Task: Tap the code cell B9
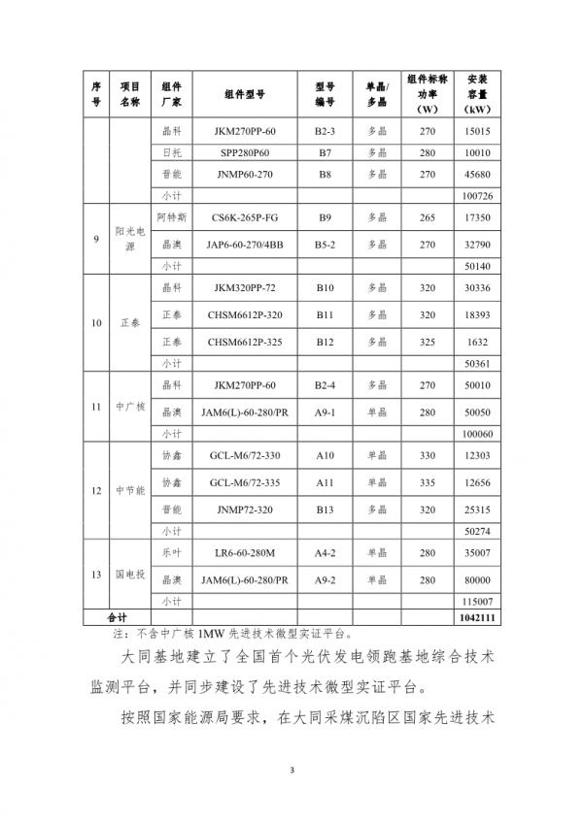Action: tap(325, 219)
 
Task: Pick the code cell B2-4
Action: tap(325, 384)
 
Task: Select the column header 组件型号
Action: tap(244, 94)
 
